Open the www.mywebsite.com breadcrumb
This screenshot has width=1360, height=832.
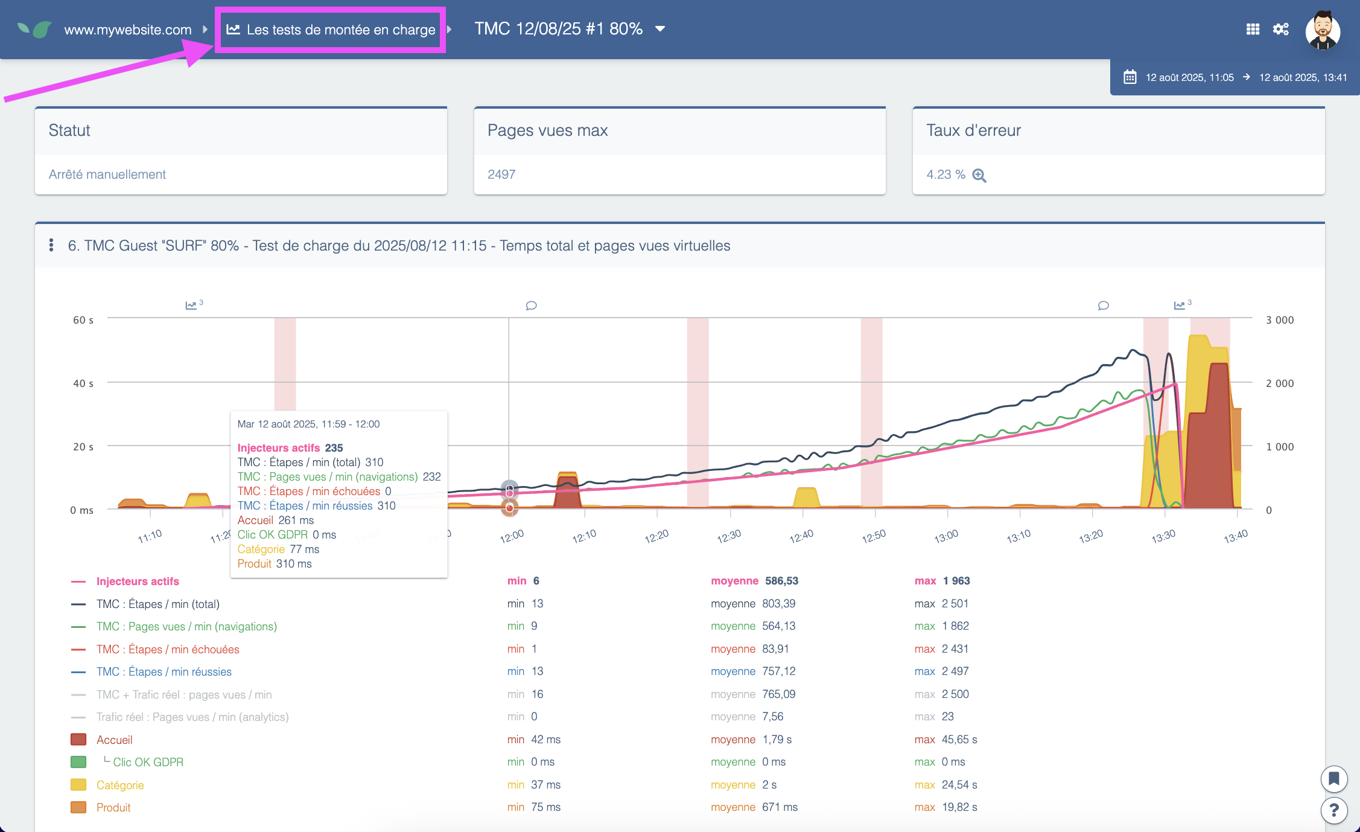[x=127, y=30]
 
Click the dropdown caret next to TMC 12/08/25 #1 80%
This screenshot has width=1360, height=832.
[x=660, y=29]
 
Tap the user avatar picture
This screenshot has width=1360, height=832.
[x=1322, y=30]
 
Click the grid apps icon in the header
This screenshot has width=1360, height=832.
[x=1253, y=29]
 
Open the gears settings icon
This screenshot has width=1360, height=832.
[x=1280, y=29]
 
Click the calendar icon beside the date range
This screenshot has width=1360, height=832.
[x=1130, y=77]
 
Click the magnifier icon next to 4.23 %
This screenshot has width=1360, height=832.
[x=979, y=175]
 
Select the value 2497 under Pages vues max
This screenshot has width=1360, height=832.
[x=501, y=174]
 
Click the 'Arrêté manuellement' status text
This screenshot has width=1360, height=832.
[x=107, y=174]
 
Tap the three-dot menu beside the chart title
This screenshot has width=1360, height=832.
[x=51, y=245]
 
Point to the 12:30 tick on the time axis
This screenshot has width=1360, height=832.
[x=729, y=536]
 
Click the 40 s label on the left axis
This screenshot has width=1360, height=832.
[x=83, y=383]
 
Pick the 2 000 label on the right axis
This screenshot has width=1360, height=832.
[x=1280, y=383]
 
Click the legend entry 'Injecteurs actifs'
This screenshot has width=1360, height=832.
[x=138, y=581]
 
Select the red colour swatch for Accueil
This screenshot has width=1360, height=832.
[x=78, y=740]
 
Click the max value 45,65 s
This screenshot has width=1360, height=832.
[x=959, y=740]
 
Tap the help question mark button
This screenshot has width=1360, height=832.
[x=1333, y=810]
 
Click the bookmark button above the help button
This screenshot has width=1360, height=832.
[x=1333, y=779]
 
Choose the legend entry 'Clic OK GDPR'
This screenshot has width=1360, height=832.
[x=148, y=762]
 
